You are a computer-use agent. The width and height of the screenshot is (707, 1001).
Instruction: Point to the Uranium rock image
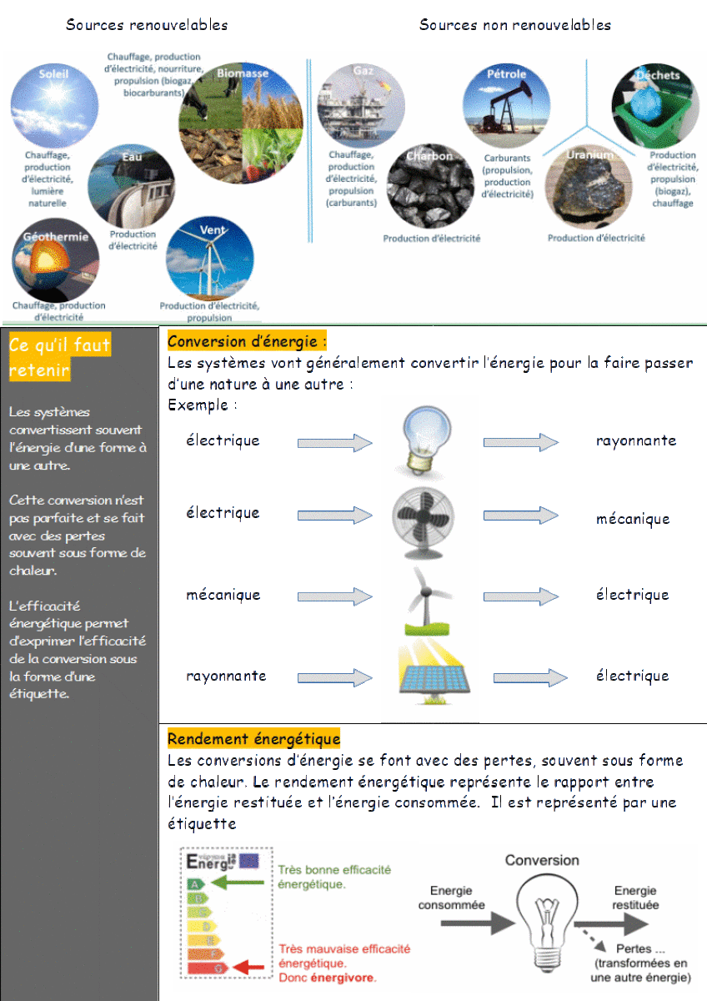click(584, 187)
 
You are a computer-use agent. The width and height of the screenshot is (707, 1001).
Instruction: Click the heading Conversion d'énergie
click(247, 341)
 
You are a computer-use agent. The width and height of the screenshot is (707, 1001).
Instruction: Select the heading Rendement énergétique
click(253, 738)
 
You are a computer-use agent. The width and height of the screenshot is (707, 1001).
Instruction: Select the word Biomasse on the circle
click(242, 73)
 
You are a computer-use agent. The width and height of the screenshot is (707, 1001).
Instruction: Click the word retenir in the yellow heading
click(38, 370)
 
